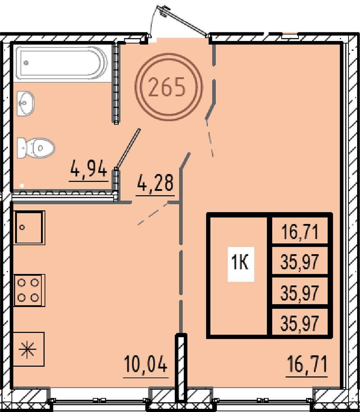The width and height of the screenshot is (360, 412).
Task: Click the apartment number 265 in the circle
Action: [x=167, y=87]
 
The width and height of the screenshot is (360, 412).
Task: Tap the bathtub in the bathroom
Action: [x=61, y=63]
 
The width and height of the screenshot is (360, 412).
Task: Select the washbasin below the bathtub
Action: [x=26, y=104]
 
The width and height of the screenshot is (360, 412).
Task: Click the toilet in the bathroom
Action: [x=36, y=148]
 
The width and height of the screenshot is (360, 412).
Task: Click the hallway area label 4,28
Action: [x=155, y=183]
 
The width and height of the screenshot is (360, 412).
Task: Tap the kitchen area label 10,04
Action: [x=145, y=364]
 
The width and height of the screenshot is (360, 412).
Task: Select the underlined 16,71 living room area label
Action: [x=307, y=364]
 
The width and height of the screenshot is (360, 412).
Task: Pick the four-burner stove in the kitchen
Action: [x=29, y=290]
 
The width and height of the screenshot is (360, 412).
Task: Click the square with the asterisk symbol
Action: [x=28, y=349]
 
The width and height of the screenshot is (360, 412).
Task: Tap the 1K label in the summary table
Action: [x=240, y=263]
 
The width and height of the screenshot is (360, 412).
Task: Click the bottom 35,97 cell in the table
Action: [x=300, y=323]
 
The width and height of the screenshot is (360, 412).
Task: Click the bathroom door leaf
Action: [x=127, y=149]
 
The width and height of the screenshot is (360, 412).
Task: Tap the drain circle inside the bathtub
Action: [x=26, y=63]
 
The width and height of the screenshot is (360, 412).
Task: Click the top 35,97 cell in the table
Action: [x=300, y=262]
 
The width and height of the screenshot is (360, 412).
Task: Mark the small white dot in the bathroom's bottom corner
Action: [x=22, y=186]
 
